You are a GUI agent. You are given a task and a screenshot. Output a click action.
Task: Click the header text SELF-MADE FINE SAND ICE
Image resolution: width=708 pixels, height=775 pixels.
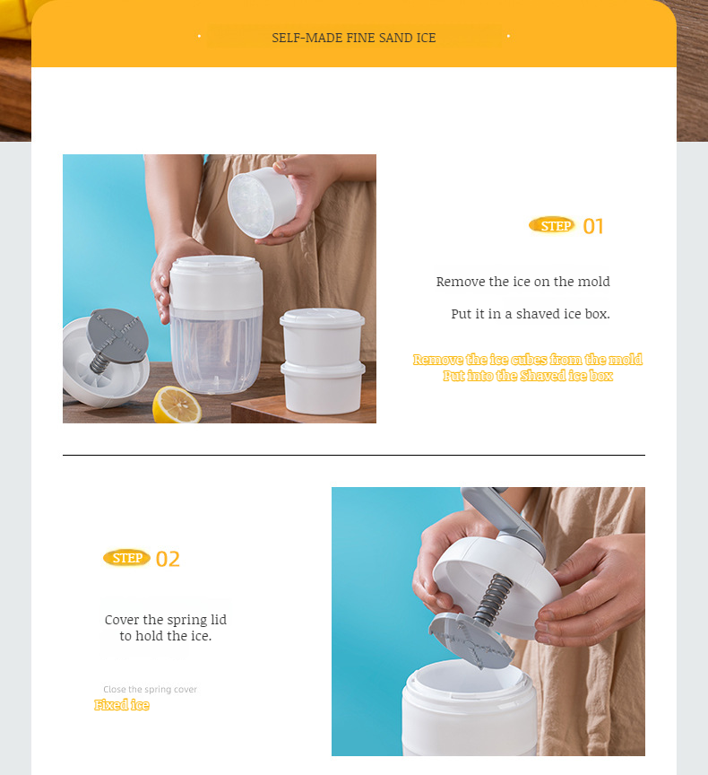coord(354,38)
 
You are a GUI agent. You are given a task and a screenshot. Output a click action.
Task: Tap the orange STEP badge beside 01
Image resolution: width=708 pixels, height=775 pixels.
coord(552,225)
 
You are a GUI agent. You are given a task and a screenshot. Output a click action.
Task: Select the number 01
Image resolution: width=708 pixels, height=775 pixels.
coord(593,226)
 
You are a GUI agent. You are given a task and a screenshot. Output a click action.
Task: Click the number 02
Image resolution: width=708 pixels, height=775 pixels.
coord(168,559)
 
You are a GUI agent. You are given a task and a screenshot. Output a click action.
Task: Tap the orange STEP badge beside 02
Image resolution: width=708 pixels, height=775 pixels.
coord(126,558)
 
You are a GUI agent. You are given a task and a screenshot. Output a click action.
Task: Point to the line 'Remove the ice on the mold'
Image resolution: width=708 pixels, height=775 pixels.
coord(522,282)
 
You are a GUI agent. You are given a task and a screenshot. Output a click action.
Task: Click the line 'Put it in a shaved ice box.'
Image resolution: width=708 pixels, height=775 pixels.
coord(530,314)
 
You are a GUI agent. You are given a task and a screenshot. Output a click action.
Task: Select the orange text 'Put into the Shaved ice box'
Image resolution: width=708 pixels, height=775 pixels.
coord(527,376)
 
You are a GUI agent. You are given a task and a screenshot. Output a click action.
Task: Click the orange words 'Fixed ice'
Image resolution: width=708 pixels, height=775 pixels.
coord(122,705)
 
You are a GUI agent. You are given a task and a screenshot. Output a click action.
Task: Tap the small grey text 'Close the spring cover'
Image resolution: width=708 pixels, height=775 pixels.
coord(150,689)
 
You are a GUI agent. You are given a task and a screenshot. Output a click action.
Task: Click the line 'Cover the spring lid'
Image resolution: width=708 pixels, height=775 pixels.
coord(166,620)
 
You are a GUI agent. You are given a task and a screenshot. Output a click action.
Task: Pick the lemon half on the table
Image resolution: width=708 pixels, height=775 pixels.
coord(177,405)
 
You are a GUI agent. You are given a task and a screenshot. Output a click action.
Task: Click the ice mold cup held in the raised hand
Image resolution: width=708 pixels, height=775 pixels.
coord(263,203)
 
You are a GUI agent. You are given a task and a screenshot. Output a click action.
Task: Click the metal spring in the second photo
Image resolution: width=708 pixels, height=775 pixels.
coord(491,600)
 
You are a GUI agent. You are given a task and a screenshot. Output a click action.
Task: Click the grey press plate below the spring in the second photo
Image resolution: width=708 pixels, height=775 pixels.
coord(471,640)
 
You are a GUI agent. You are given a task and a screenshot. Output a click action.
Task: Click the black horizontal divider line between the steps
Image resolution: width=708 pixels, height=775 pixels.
coord(354,456)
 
